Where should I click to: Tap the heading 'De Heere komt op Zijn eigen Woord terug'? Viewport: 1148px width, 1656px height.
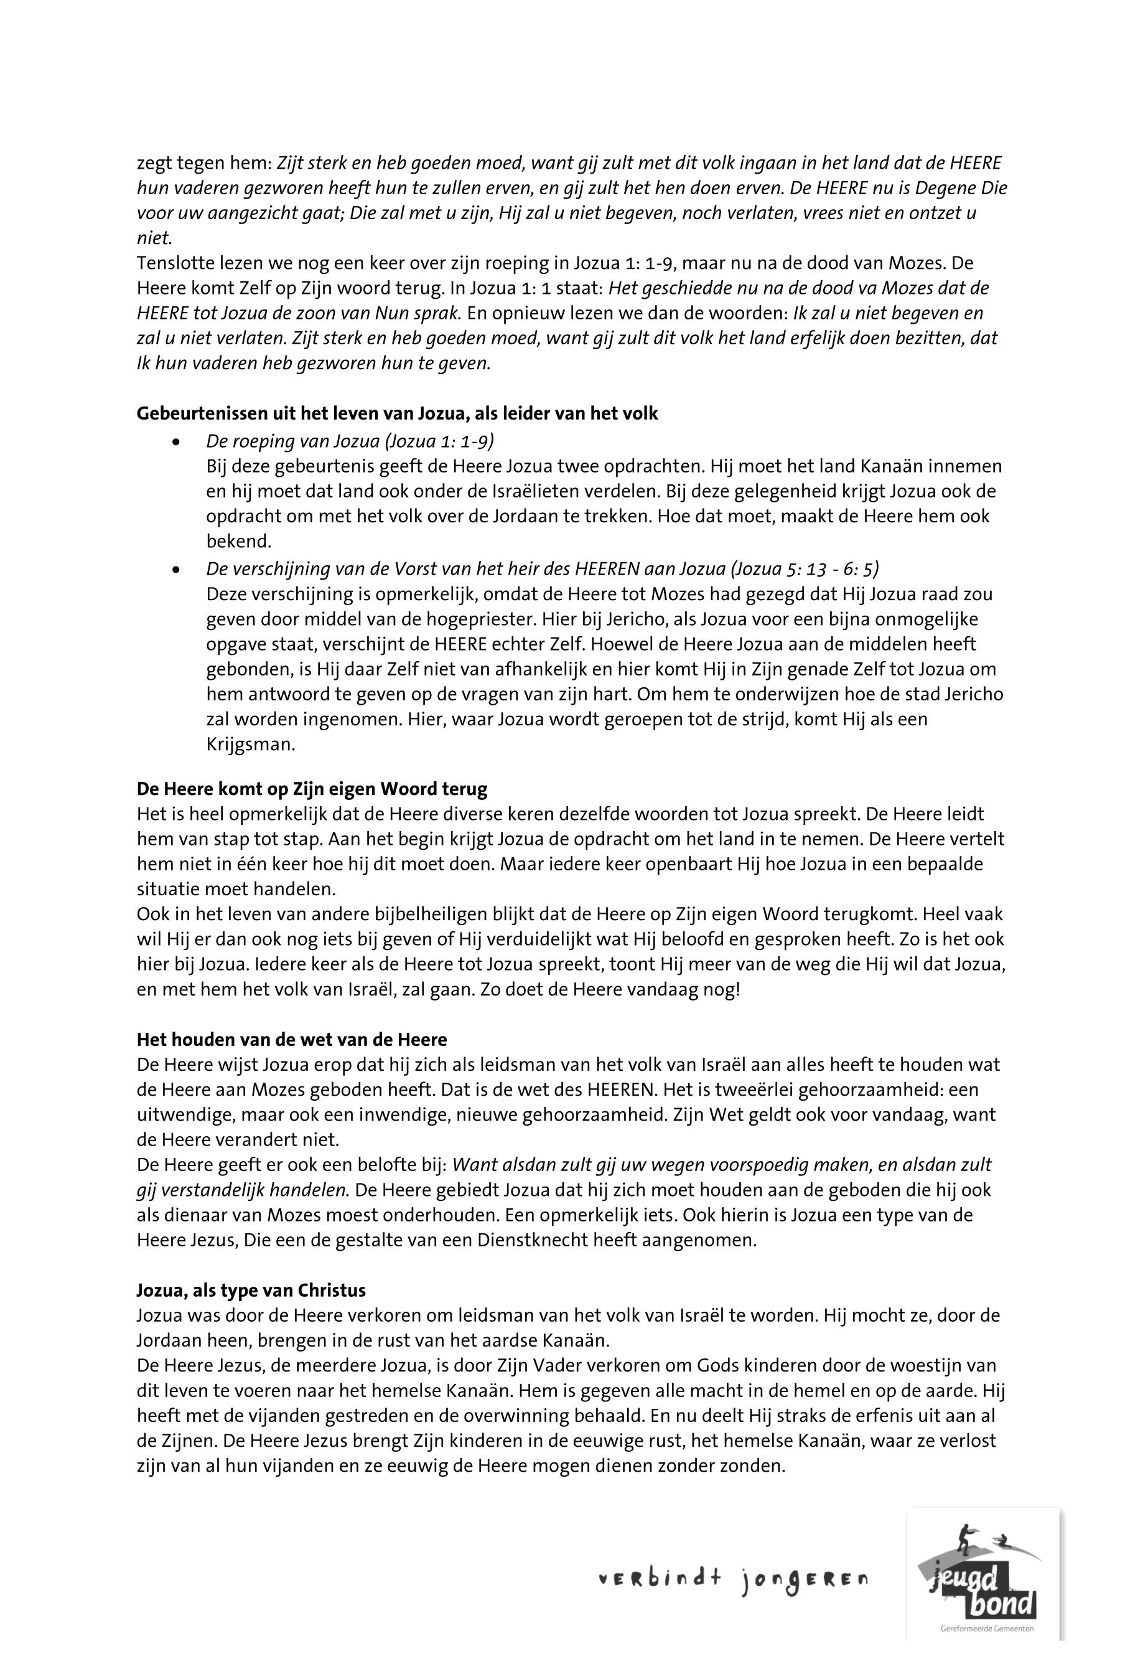(x=312, y=789)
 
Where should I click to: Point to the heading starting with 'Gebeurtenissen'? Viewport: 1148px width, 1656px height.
(x=397, y=414)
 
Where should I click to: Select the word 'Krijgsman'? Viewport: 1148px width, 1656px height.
(x=249, y=744)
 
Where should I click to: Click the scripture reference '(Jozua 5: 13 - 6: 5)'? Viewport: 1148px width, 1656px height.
(x=803, y=569)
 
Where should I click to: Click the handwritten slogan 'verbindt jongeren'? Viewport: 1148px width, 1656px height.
(x=734, y=1579)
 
